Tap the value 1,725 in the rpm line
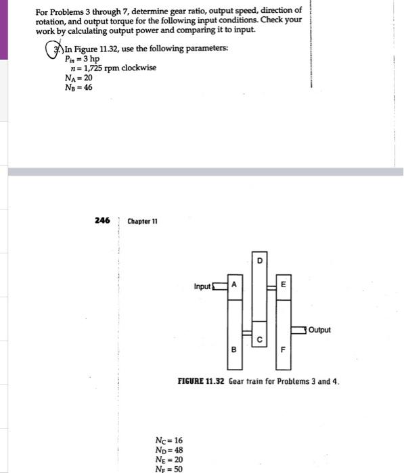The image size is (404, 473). coord(88,68)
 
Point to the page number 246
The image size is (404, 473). coord(102,221)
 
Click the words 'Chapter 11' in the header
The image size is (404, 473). coord(143,222)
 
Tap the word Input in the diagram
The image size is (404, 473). coord(202,287)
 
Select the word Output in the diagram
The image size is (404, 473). coord(319,330)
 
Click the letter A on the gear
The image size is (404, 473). coord(233,285)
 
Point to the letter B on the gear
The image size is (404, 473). coord(233,350)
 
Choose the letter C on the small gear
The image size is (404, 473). coord(259,339)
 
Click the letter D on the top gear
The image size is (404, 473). coord(259,260)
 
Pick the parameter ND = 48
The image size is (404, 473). coord(169,450)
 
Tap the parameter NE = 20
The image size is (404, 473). coord(169,459)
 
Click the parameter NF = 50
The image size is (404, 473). coord(169,468)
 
